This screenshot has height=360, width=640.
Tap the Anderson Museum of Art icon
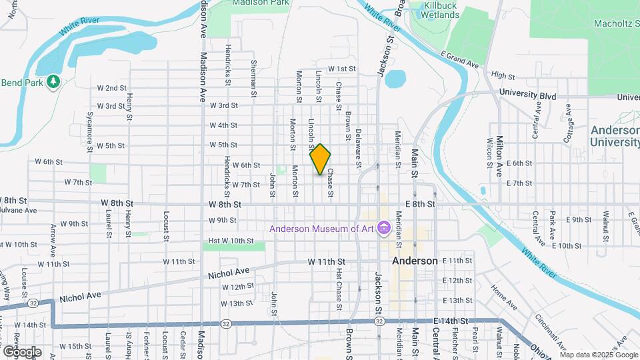pyautogui.click(x=383, y=229)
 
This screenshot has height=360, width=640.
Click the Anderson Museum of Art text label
pyautogui.click(x=322, y=229)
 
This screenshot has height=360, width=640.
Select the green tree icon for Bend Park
pyautogui.click(x=53, y=82)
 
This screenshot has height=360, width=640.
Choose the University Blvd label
pyautogui.click(x=527, y=93)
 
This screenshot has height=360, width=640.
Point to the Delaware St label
pyautogui.click(x=359, y=148)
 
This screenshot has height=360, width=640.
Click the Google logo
pyautogui.click(x=22, y=351)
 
